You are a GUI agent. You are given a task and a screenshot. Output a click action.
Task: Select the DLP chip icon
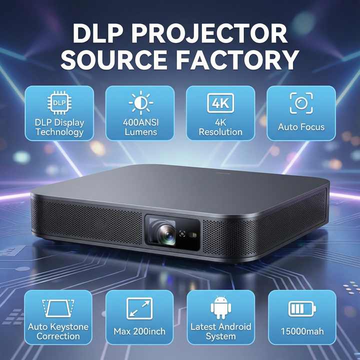59,102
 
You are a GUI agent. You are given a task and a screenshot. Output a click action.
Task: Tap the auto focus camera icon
301,102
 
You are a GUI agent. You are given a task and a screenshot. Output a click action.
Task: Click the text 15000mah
301,331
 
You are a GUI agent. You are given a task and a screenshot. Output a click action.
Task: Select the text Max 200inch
139,331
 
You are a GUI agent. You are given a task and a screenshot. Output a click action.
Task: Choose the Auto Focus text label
301,127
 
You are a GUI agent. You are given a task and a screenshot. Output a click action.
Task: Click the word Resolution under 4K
220,132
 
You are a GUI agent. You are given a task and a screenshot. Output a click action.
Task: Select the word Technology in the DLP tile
59,132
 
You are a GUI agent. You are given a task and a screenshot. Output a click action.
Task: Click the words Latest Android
220,327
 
